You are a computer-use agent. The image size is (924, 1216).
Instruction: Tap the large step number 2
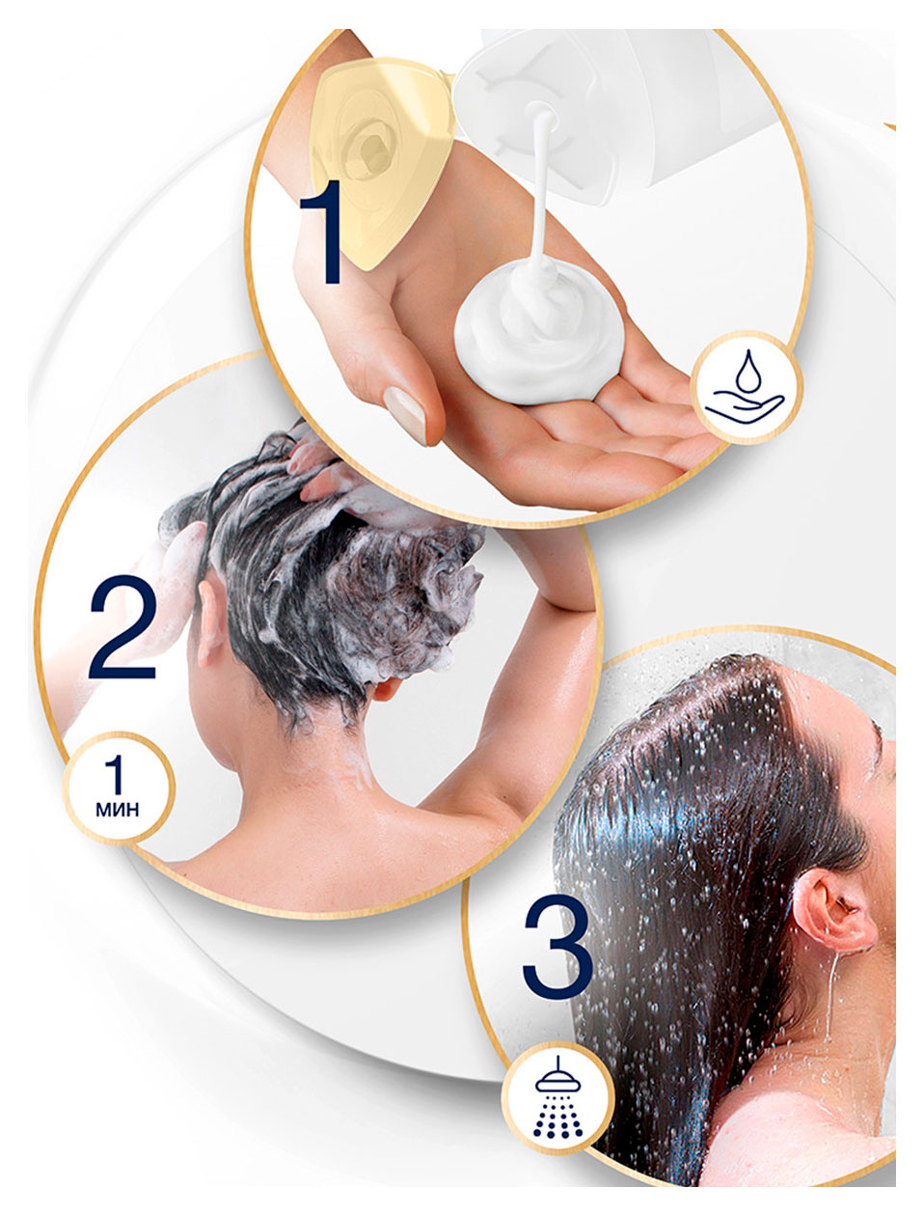122,626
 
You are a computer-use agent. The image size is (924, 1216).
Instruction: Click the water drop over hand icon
745,387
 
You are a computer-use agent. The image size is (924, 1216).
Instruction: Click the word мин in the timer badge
118,810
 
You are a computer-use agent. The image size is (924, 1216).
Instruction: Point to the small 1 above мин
115,774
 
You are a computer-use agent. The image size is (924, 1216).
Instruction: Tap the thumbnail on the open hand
405,414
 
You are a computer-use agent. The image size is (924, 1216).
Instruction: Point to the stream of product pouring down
540,188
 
